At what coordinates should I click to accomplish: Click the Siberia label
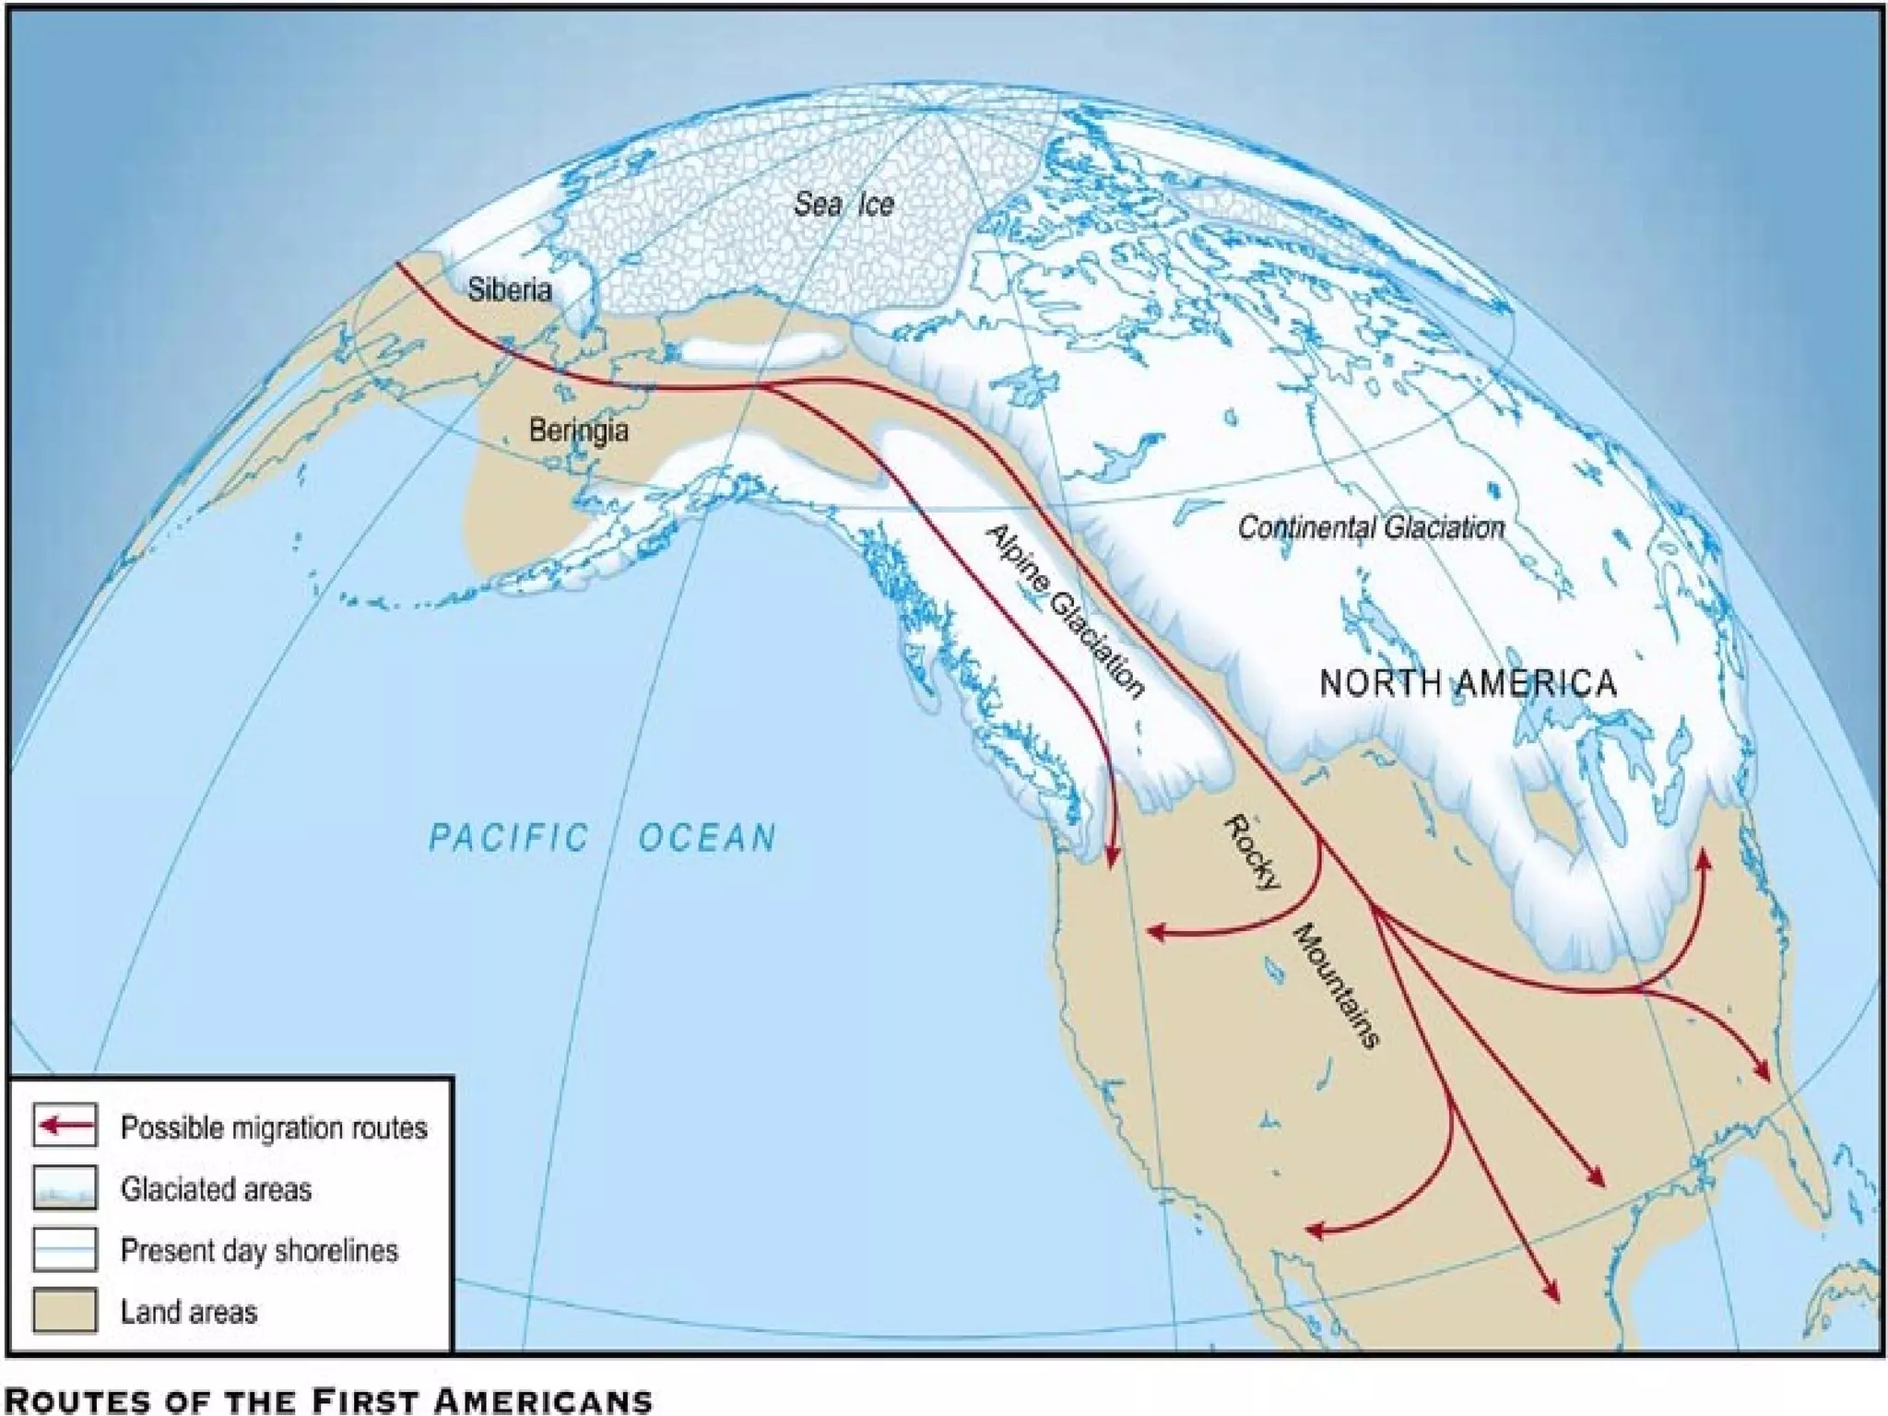point(509,289)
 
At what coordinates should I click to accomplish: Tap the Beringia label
point(579,430)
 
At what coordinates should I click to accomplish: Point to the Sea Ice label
point(844,204)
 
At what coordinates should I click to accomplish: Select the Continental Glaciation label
point(1371,528)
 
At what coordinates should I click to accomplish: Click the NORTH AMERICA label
point(1468,683)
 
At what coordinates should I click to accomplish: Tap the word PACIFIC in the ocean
point(509,838)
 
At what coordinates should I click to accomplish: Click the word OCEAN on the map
point(708,838)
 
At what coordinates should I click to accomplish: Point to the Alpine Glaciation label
point(1066,611)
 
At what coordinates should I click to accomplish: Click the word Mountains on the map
point(1338,985)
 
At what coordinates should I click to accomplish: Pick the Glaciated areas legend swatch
point(65,1187)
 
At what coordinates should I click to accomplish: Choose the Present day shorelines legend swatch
point(65,1249)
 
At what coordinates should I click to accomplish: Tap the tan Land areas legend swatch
point(65,1310)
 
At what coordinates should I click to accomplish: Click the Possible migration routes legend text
point(274,1127)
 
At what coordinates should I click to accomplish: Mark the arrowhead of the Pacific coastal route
point(1111,857)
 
